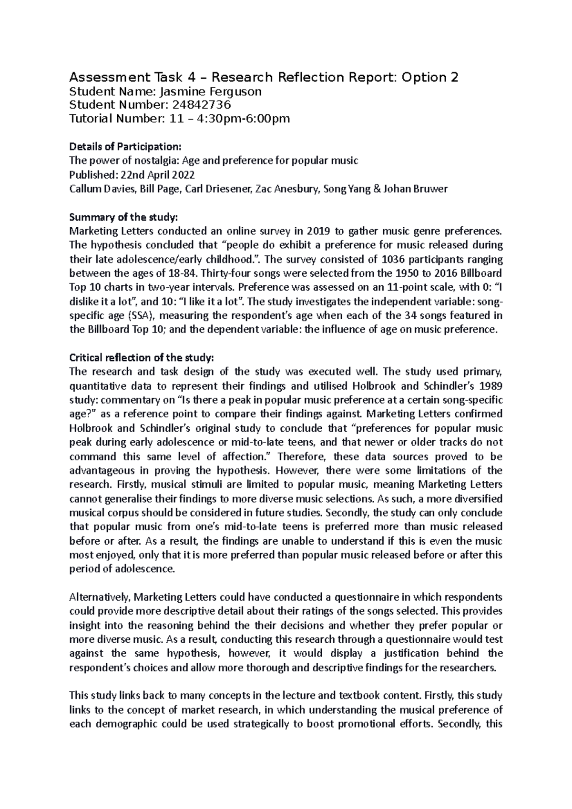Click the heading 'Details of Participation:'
[x=125, y=146]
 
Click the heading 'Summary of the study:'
[x=123, y=217]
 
